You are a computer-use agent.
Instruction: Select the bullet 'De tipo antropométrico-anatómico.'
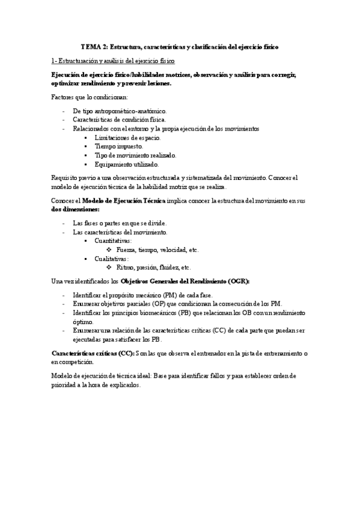[120, 111]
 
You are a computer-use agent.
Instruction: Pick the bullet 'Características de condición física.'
[120, 120]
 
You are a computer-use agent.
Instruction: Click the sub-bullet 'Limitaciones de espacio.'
[127, 138]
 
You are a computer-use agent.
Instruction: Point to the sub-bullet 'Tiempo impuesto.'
[118, 146]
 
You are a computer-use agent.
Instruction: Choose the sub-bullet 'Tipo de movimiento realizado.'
[133, 155]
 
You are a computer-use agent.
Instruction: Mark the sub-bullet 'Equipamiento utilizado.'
[126, 164]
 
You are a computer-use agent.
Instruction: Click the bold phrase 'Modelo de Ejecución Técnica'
[123, 200]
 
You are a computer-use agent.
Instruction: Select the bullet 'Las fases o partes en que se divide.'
[120, 223]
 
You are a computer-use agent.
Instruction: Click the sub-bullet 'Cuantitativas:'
[113, 241]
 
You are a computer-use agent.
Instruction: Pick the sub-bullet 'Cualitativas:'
[111, 259]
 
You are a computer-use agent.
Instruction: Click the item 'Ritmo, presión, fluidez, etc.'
[154, 268]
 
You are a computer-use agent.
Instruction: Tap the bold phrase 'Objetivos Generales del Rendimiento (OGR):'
[185, 281]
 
